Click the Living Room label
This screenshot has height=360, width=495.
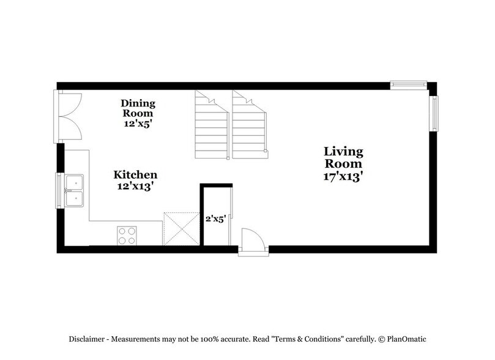[343, 158]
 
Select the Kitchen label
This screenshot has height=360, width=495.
[137, 175]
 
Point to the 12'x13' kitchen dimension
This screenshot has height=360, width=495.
[137, 187]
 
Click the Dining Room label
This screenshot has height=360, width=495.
[138, 108]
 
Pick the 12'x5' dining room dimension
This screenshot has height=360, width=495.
[138, 122]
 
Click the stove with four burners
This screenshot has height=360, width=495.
[128, 236]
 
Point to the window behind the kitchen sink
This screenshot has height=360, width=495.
[60, 191]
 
